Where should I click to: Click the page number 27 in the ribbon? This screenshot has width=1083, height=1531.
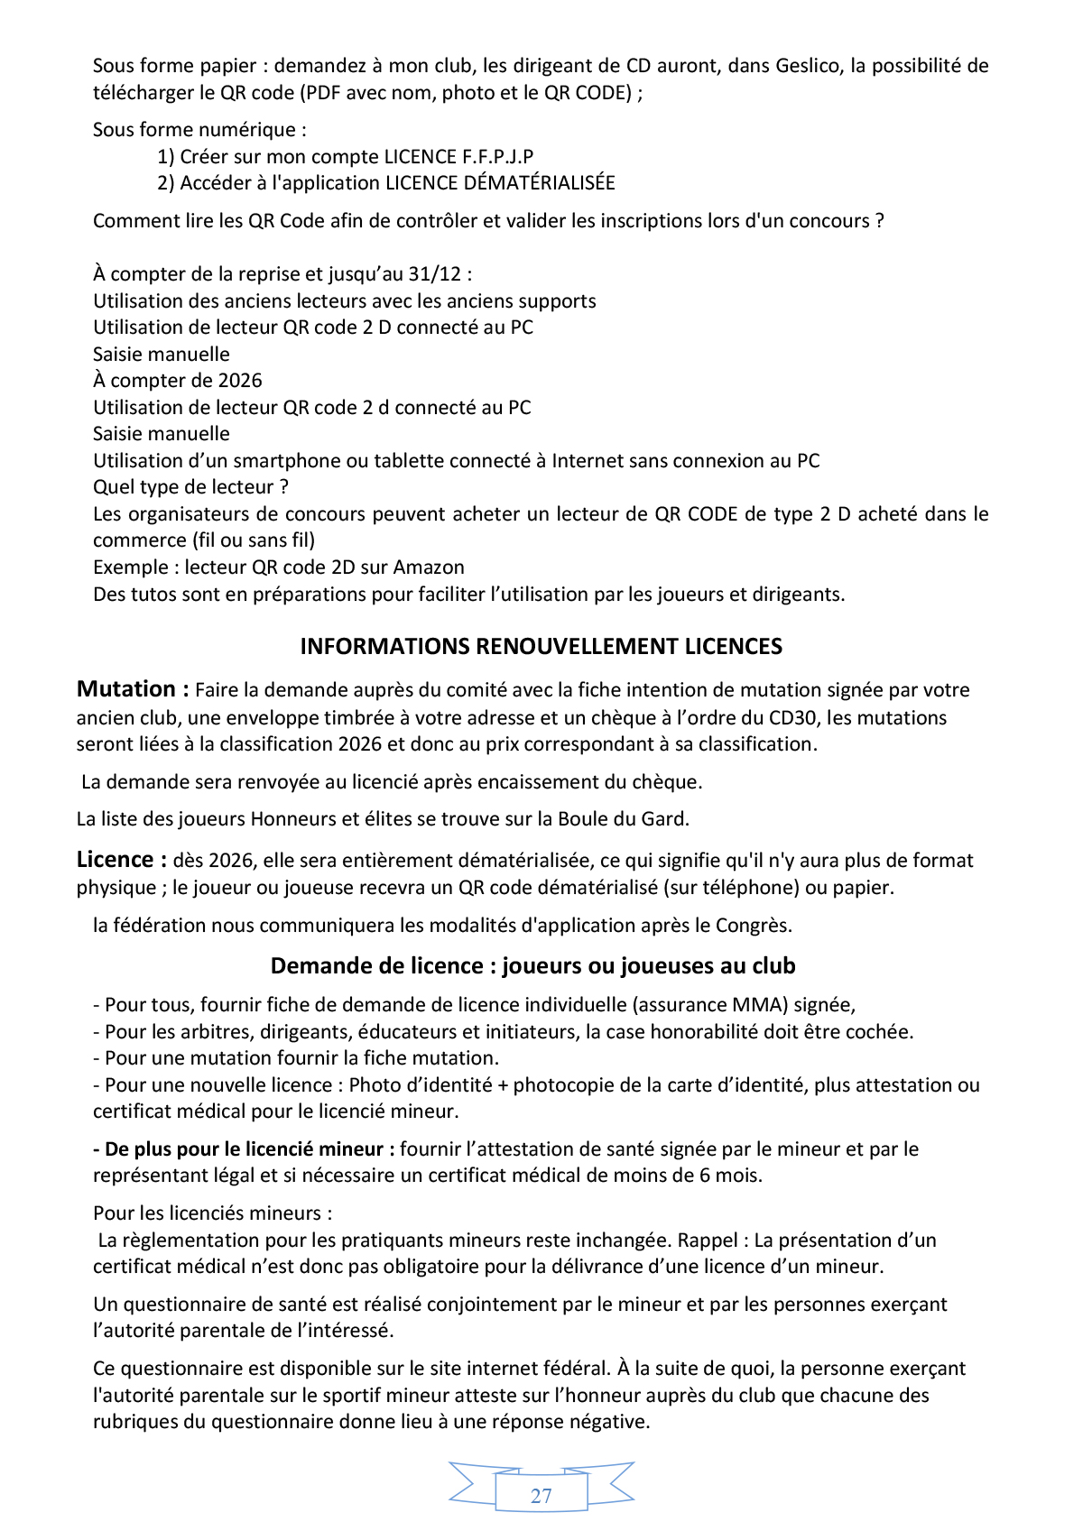click(541, 1496)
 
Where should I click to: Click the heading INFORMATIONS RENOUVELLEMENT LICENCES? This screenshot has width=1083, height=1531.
click(541, 647)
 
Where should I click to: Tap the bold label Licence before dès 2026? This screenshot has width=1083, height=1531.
click(116, 860)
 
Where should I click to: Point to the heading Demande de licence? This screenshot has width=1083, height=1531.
click(532, 966)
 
